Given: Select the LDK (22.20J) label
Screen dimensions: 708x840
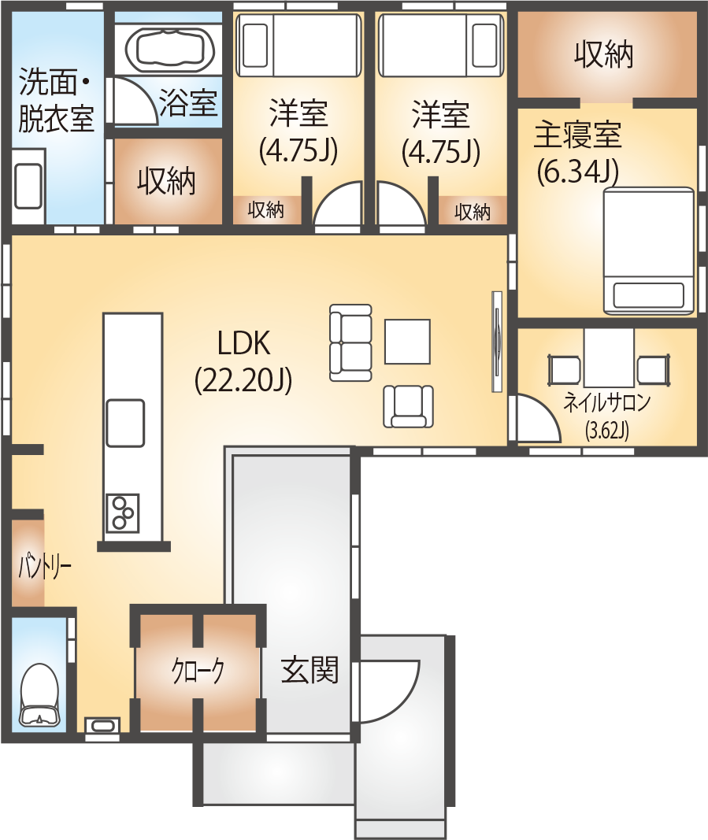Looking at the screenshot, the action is (x=243, y=361).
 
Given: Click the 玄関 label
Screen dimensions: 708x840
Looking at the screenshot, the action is (x=310, y=670).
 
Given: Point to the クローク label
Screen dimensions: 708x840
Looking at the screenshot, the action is (x=198, y=671).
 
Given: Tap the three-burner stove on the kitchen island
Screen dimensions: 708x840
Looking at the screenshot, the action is (x=123, y=513).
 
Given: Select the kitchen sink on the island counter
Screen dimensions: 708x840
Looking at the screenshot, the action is (x=125, y=424).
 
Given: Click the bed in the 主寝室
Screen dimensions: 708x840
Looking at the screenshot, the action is (x=648, y=250).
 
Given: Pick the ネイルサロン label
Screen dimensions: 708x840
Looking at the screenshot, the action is (x=607, y=402).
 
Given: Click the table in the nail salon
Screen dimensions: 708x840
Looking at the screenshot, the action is (x=609, y=357).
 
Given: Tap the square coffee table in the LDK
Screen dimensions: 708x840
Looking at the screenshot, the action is (x=407, y=342).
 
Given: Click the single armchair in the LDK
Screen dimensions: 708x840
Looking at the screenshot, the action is (x=409, y=406).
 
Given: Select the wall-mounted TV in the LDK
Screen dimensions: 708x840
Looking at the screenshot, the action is (x=497, y=342).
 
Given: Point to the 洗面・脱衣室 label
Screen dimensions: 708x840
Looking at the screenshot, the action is (x=56, y=100).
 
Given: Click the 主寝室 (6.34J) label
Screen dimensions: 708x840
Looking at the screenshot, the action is (x=578, y=153).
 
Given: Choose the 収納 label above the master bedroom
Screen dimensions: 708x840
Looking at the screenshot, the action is (x=604, y=54).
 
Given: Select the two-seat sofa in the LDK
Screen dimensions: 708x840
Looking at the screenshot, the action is (x=350, y=343).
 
